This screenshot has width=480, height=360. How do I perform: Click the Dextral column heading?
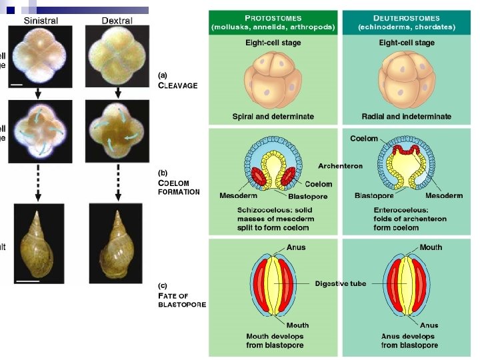click(x=117, y=21)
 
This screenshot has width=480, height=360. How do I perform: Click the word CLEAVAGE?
click(x=177, y=85)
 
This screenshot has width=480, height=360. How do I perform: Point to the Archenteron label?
click(x=340, y=166)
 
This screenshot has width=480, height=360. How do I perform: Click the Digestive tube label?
click(x=341, y=283)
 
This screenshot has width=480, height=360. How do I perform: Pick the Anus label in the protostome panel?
click(x=296, y=247)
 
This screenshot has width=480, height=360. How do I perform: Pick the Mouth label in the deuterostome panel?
click(x=431, y=247)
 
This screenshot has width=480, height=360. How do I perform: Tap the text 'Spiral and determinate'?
click(x=273, y=116)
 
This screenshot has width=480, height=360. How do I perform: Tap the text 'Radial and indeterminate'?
click(x=406, y=116)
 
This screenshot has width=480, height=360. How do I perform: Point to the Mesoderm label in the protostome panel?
click(x=239, y=196)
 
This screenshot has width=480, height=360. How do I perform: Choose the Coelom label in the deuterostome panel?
click(x=363, y=139)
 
